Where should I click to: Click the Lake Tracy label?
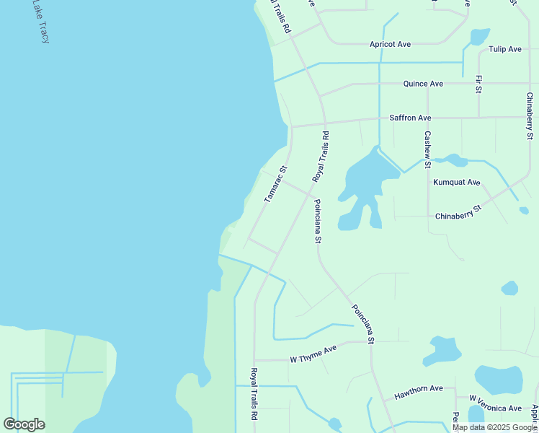[x=39, y=22]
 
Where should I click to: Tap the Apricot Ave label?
[x=390, y=45]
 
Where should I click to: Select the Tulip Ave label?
[x=504, y=49]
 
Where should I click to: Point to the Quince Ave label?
[x=423, y=84]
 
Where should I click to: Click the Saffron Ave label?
[x=410, y=118]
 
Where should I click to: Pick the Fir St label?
[x=478, y=84]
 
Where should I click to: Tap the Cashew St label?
[x=427, y=146]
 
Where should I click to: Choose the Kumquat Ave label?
[x=456, y=183]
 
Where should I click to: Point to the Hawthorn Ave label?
[x=418, y=389]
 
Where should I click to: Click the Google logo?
[x=24, y=424]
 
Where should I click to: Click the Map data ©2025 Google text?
[x=495, y=427]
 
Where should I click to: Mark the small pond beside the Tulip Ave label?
[x=479, y=36]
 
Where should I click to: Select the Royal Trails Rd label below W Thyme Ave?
[x=254, y=394]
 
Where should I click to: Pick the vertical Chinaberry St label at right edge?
[x=530, y=115]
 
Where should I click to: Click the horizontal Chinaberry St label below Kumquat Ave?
[x=458, y=214]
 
